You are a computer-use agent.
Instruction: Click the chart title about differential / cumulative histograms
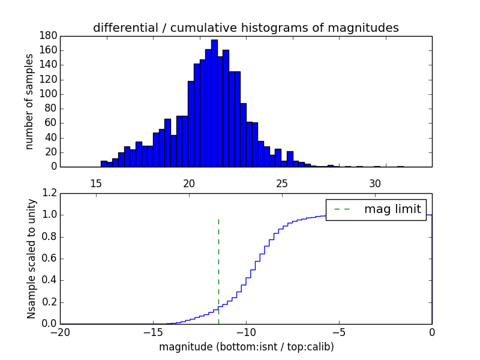click(245, 28)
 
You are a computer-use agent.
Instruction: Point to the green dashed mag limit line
click(218, 270)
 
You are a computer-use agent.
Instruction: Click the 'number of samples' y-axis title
click(29, 101)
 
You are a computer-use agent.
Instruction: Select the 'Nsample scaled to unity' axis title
click(31, 258)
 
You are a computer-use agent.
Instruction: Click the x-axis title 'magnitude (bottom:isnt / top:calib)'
click(246, 347)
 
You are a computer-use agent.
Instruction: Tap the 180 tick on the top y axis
click(49, 35)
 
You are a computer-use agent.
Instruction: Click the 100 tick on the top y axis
click(49, 94)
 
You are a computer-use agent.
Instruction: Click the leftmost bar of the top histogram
click(104, 164)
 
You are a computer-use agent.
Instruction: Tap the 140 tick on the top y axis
click(49, 65)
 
